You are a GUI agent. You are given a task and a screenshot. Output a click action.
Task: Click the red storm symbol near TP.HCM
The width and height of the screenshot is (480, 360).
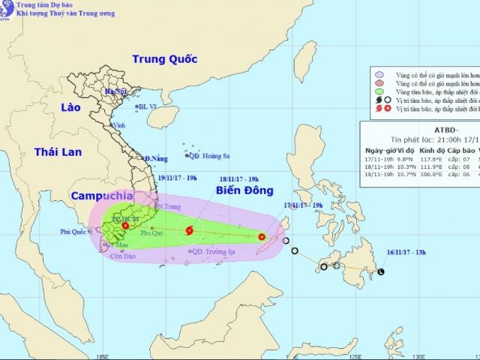click(x=125, y=226)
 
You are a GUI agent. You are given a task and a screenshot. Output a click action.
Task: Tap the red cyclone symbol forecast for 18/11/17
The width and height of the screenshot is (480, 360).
click(x=189, y=229)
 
